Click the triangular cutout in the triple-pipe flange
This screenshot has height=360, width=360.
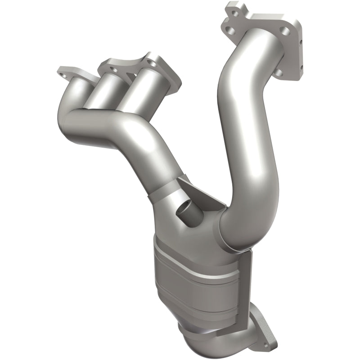pyautogui.click(x=130, y=72)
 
